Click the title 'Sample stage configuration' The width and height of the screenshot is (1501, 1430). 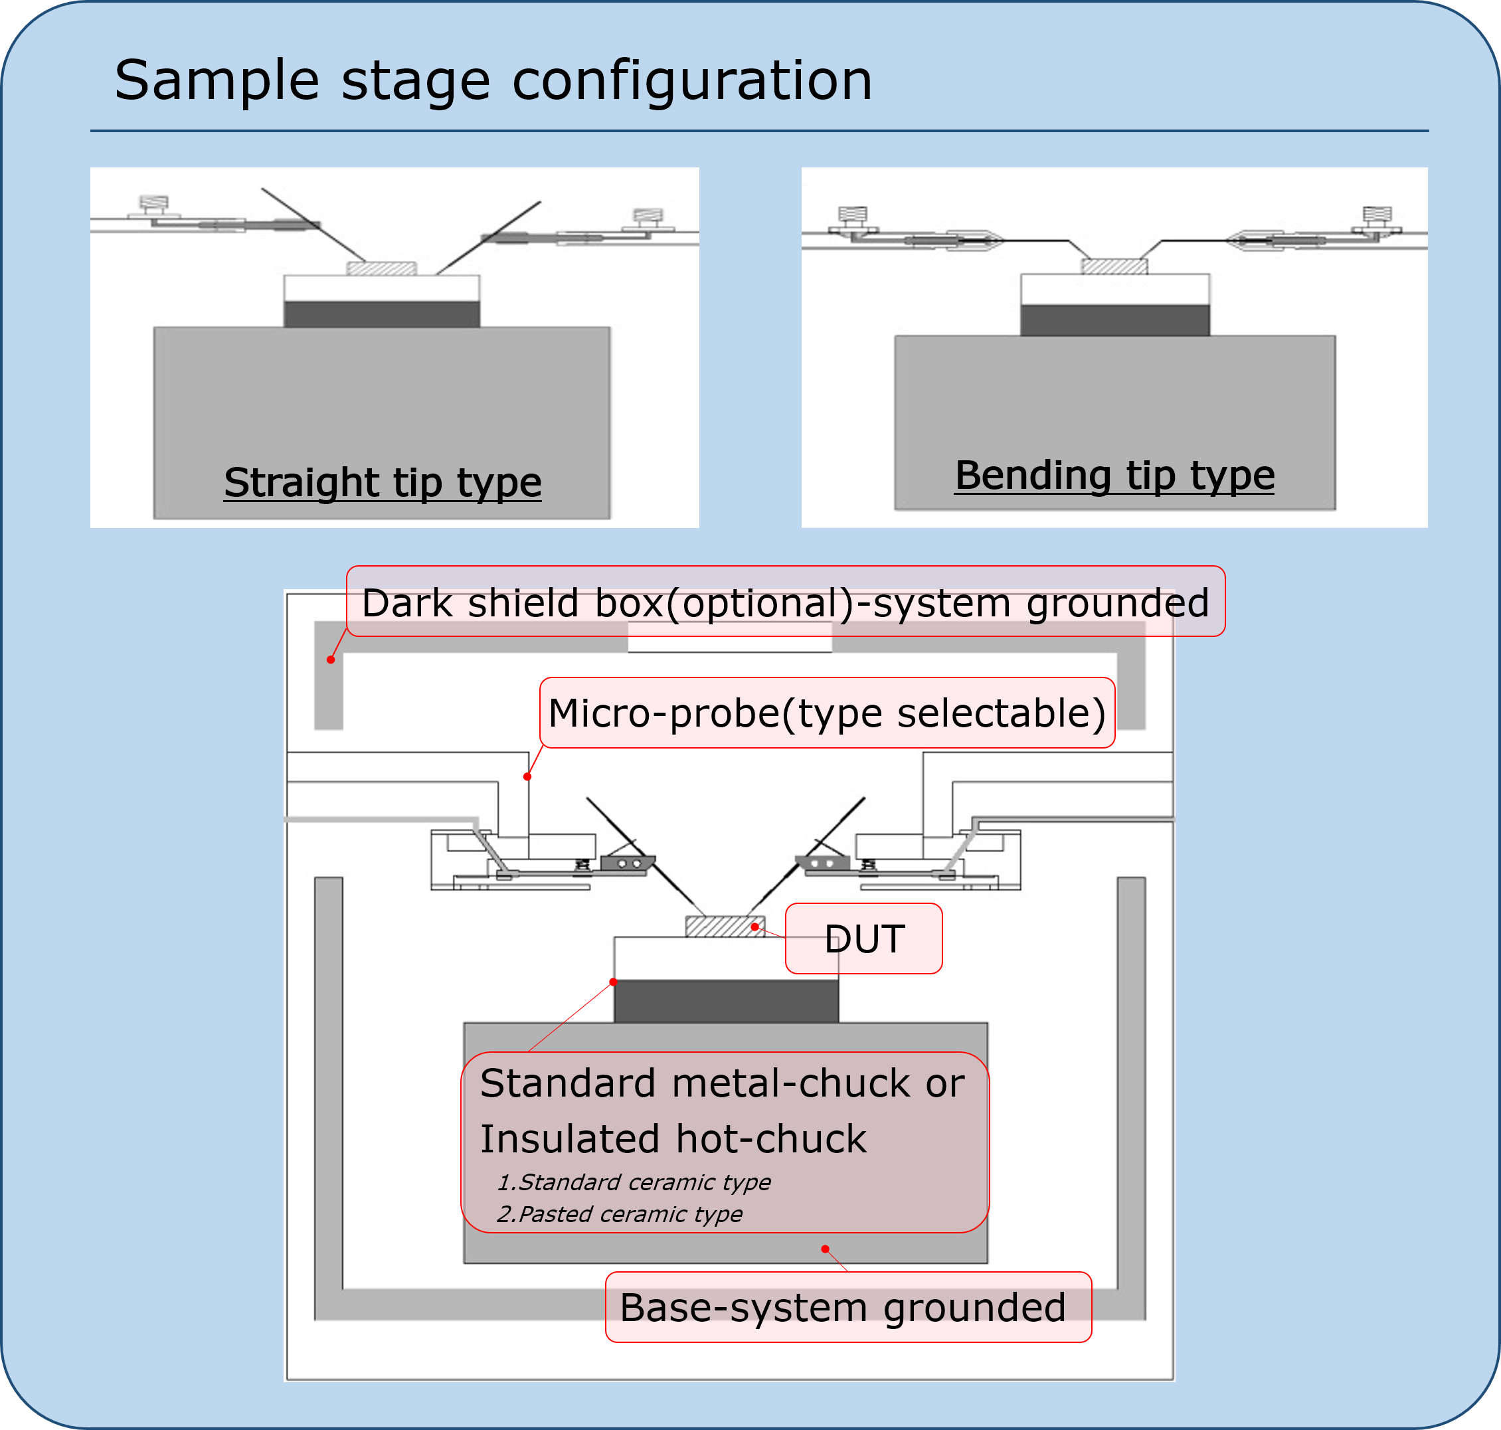[x=493, y=80]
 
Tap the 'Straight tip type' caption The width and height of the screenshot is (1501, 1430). [x=383, y=482]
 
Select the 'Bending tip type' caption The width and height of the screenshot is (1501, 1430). [x=1114, y=476]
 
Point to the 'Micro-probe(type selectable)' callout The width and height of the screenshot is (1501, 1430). [x=827, y=713]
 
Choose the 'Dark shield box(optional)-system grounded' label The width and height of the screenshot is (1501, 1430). [x=786, y=601]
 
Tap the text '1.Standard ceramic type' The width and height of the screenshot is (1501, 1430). [x=634, y=1182]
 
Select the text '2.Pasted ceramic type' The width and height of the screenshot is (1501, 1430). [x=620, y=1213]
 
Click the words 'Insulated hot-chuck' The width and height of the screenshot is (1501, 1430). [x=673, y=1139]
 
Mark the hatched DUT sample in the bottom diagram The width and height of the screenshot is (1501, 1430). [x=725, y=926]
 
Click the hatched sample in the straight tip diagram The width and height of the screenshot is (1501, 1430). [x=382, y=268]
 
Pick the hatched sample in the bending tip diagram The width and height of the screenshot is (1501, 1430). [x=1114, y=266]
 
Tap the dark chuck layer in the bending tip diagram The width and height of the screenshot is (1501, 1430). [x=1115, y=320]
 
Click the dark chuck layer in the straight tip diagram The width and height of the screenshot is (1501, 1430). [x=382, y=314]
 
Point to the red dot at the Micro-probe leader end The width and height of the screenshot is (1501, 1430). [x=527, y=776]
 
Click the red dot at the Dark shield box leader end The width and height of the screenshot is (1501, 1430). [x=331, y=660]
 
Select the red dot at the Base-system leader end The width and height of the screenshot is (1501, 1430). [x=826, y=1249]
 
